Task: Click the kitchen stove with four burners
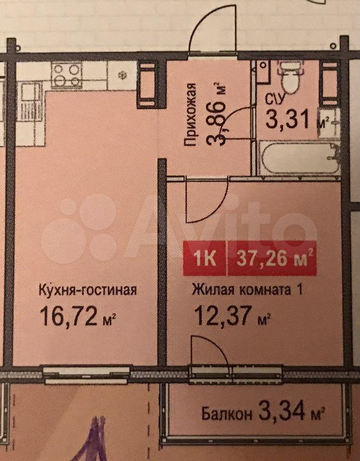pos(67,75)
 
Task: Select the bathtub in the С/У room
pos(298,158)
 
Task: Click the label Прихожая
pos(191,115)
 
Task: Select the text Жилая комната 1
pos(247,290)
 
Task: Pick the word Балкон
pos(227,414)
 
